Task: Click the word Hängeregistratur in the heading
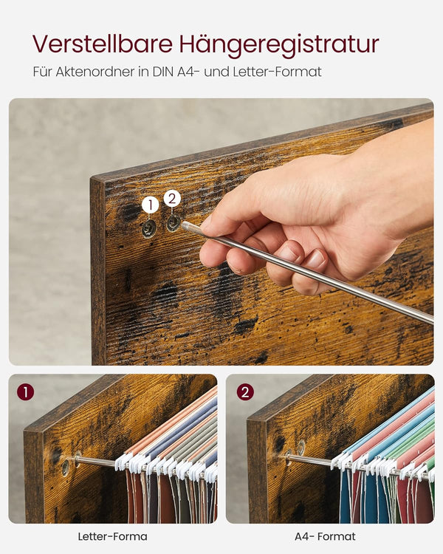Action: (278, 45)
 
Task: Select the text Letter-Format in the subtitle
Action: (284, 72)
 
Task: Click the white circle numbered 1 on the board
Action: (150, 205)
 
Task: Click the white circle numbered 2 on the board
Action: (172, 198)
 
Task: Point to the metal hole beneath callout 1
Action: (149, 228)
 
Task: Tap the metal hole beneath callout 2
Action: (173, 222)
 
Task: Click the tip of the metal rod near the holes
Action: (185, 225)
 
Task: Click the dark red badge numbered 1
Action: (25, 391)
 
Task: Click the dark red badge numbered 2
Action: (245, 391)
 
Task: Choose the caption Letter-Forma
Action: (112, 536)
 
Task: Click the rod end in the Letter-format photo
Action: (77, 459)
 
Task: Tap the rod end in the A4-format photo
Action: (289, 456)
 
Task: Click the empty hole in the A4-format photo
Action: (301, 447)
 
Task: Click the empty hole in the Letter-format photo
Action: (66, 467)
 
